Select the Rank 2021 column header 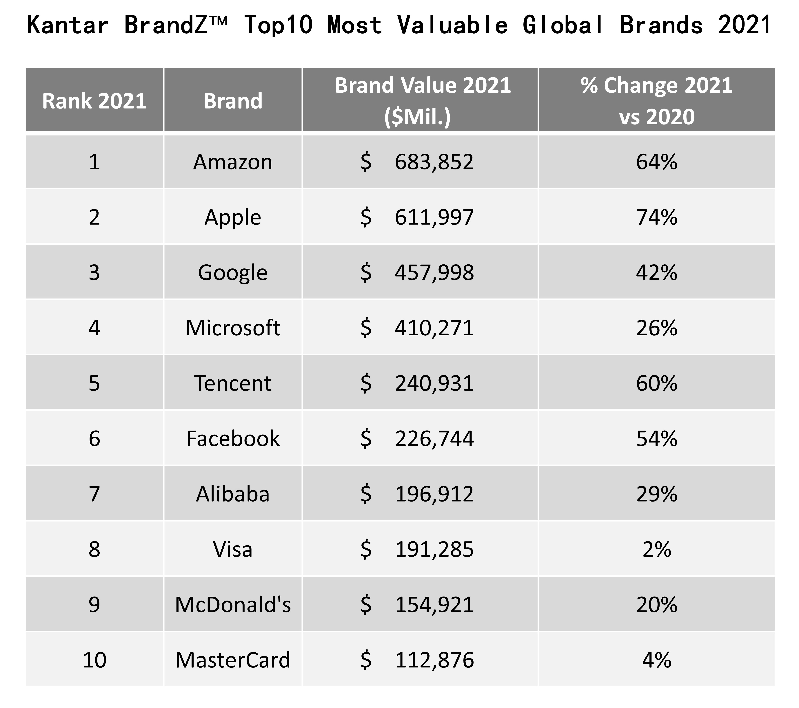pos(94,101)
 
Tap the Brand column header pos(233,101)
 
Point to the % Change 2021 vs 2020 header pos(656,101)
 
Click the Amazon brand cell pos(233,162)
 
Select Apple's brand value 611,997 pos(434,217)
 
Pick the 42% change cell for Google pos(656,272)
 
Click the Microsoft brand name pos(233,328)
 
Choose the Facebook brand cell pos(233,438)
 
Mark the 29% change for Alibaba pos(656,494)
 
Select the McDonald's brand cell pos(233,604)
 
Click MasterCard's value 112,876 pos(434,660)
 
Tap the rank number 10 pos(94,660)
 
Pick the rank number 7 pos(94,494)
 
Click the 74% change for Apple pos(656,217)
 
